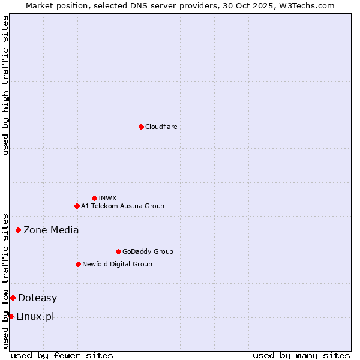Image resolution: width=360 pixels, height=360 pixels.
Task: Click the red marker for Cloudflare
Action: click(141, 127)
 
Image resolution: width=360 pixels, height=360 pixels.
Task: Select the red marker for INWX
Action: click(94, 198)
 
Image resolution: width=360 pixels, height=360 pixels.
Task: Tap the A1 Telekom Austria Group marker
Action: click(77, 206)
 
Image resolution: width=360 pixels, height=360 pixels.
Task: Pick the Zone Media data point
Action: click(18, 230)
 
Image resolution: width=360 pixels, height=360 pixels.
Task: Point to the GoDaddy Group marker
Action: click(118, 251)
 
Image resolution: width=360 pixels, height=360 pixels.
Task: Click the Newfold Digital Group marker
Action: click(78, 264)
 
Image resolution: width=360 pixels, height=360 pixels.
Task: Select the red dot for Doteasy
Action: click(13, 298)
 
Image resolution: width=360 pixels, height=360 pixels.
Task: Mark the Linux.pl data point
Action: click(11, 316)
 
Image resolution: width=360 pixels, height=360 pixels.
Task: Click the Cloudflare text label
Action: click(161, 127)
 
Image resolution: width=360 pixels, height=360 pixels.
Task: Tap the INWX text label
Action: click(107, 198)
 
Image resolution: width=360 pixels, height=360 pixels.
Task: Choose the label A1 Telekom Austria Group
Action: click(122, 206)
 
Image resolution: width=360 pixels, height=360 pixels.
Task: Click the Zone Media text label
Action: click(51, 230)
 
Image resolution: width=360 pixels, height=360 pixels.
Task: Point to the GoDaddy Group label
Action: click(148, 251)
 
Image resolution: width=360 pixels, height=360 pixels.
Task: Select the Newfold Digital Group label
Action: click(117, 264)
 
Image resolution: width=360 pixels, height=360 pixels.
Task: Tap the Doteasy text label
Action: click(37, 298)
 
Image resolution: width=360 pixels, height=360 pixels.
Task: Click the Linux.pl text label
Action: click(35, 316)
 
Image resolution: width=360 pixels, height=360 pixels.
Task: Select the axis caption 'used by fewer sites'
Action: click(62, 355)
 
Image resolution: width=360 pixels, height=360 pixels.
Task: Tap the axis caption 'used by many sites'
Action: click(301, 355)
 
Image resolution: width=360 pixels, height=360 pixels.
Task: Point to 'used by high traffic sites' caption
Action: click(5, 85)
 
